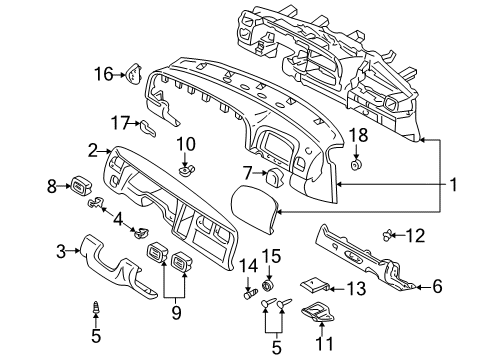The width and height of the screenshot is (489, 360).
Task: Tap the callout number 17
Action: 120,123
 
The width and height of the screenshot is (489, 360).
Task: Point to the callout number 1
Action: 453,184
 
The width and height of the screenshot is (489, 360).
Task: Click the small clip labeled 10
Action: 184,170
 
